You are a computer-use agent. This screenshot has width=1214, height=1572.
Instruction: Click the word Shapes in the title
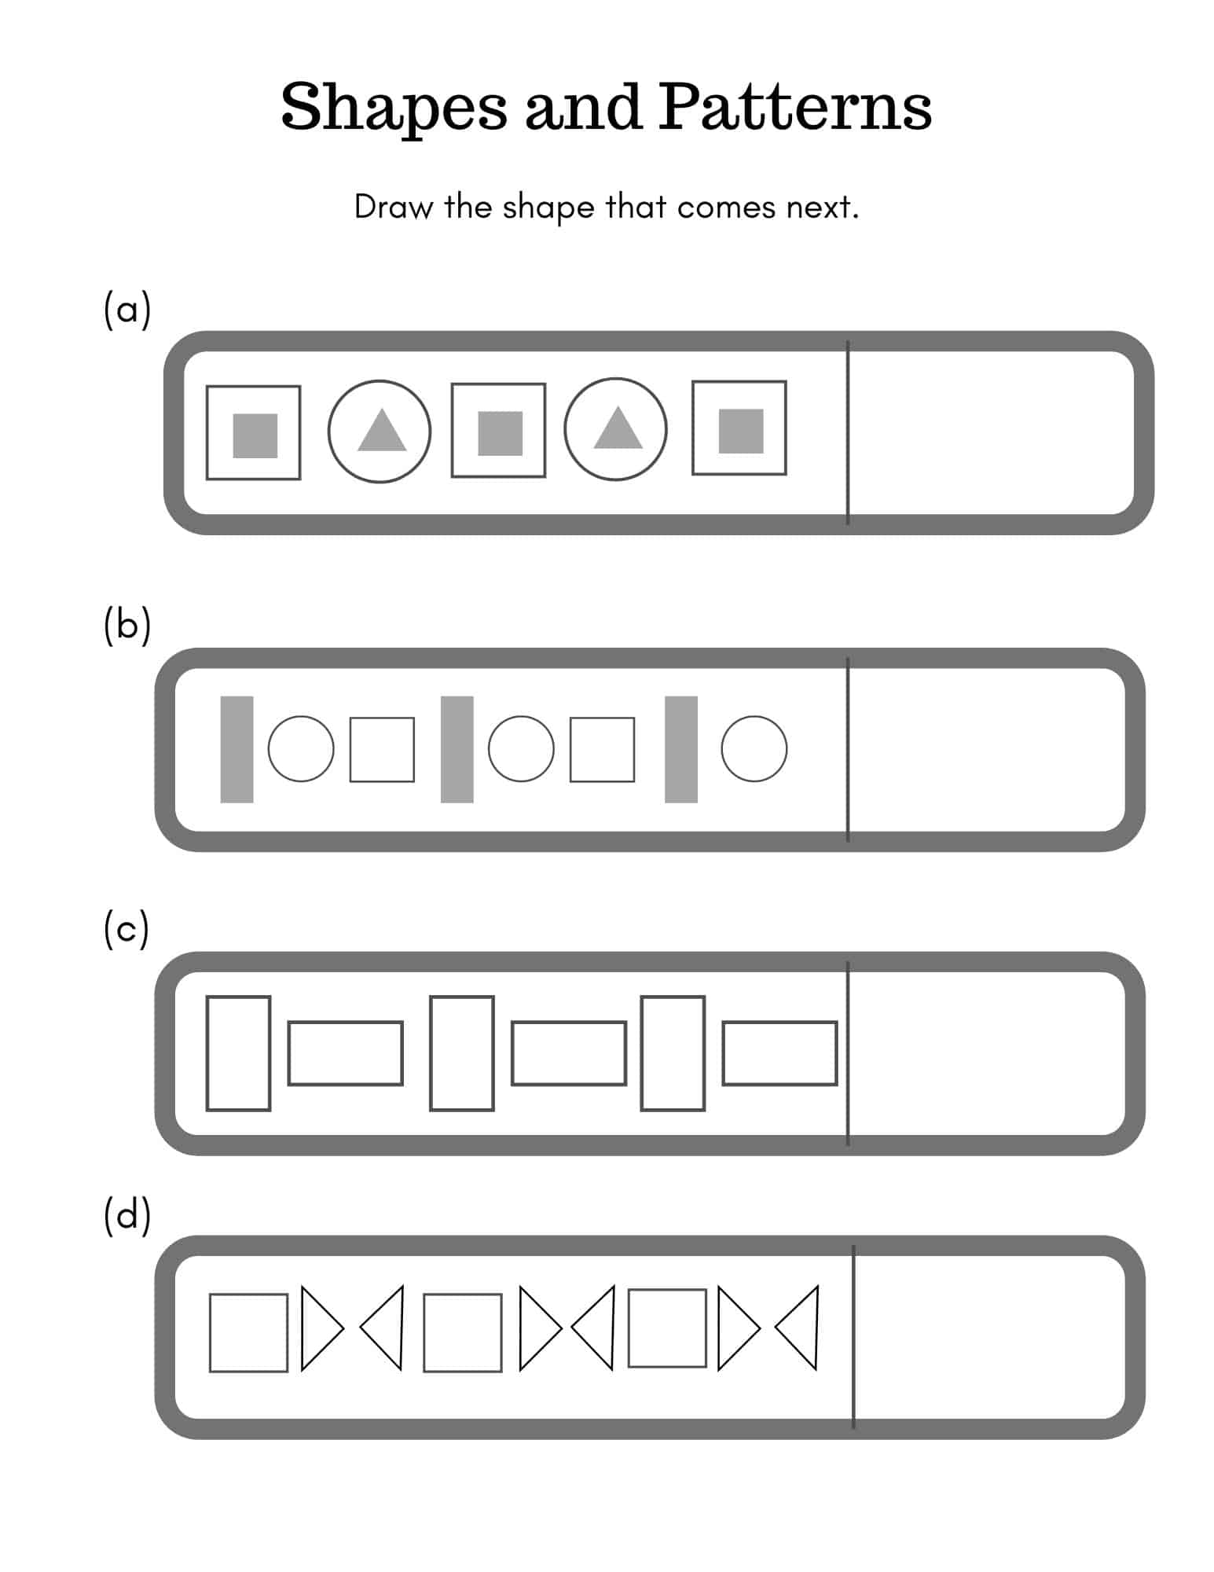[393, 108]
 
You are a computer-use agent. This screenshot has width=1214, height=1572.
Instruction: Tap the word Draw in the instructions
[392, 208]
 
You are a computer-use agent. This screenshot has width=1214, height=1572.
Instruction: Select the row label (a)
[127, 310]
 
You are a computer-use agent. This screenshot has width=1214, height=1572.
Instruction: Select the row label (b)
[127, 626]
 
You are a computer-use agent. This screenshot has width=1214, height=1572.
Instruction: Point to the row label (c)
[126, 930]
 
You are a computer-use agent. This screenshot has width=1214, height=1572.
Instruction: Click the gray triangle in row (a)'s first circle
[381, 433]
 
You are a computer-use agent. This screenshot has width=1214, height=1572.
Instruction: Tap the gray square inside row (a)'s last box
[740, 431]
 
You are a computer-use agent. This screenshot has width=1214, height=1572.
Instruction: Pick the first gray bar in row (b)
[237, 749]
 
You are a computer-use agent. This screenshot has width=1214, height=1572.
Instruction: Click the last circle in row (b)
[754, 748]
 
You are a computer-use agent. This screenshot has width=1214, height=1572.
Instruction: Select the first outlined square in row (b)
[382, 749]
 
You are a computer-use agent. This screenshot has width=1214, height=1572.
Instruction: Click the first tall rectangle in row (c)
[238, 1053]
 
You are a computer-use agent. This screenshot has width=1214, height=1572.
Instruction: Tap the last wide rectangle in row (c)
[779, 1053]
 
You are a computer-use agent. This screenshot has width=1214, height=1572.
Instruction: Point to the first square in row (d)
[248, 1333]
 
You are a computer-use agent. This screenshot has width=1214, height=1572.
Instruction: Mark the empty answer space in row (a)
[990, 432]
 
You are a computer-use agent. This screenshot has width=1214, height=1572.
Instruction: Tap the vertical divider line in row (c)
[847, 1053]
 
